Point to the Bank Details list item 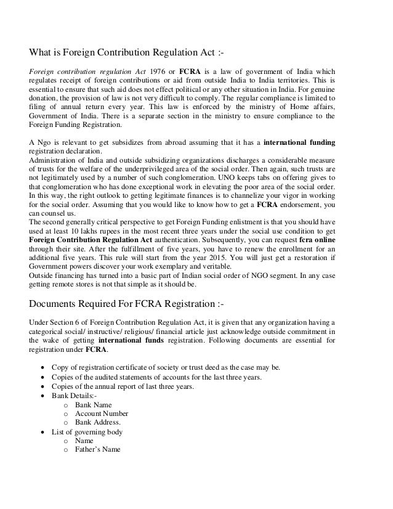[74, 395]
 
